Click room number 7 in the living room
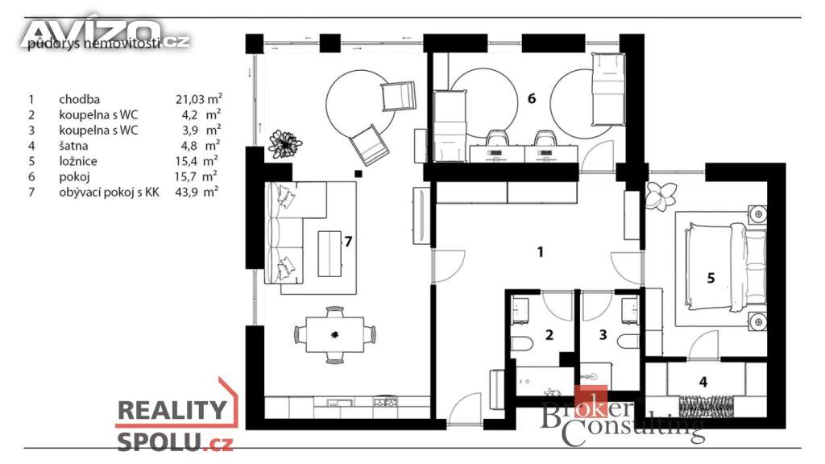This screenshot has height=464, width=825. tap(348, 242)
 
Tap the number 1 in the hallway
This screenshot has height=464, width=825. tap(541, 252)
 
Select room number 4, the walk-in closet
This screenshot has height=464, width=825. tap(703, 382)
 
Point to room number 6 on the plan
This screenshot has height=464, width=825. tap(532, 98)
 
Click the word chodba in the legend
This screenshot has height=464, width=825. tap(80, 99)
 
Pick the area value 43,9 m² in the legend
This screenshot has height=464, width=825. tap(197, 192)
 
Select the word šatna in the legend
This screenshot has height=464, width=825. tap(73, 146)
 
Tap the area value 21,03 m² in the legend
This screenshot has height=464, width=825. tap(199, 99)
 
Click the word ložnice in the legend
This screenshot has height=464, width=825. tap(78, 161)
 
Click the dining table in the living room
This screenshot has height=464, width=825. tap(335, 334)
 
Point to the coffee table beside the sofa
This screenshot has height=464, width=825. tap(330, 254)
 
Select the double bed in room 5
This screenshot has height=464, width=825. tap(725, 265)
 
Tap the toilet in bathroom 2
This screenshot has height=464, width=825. tap(521, 343)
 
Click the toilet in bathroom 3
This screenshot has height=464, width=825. tap(629, 342)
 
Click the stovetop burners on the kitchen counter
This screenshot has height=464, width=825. tap(385, 403)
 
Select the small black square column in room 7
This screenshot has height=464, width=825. tap(359, 174)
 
